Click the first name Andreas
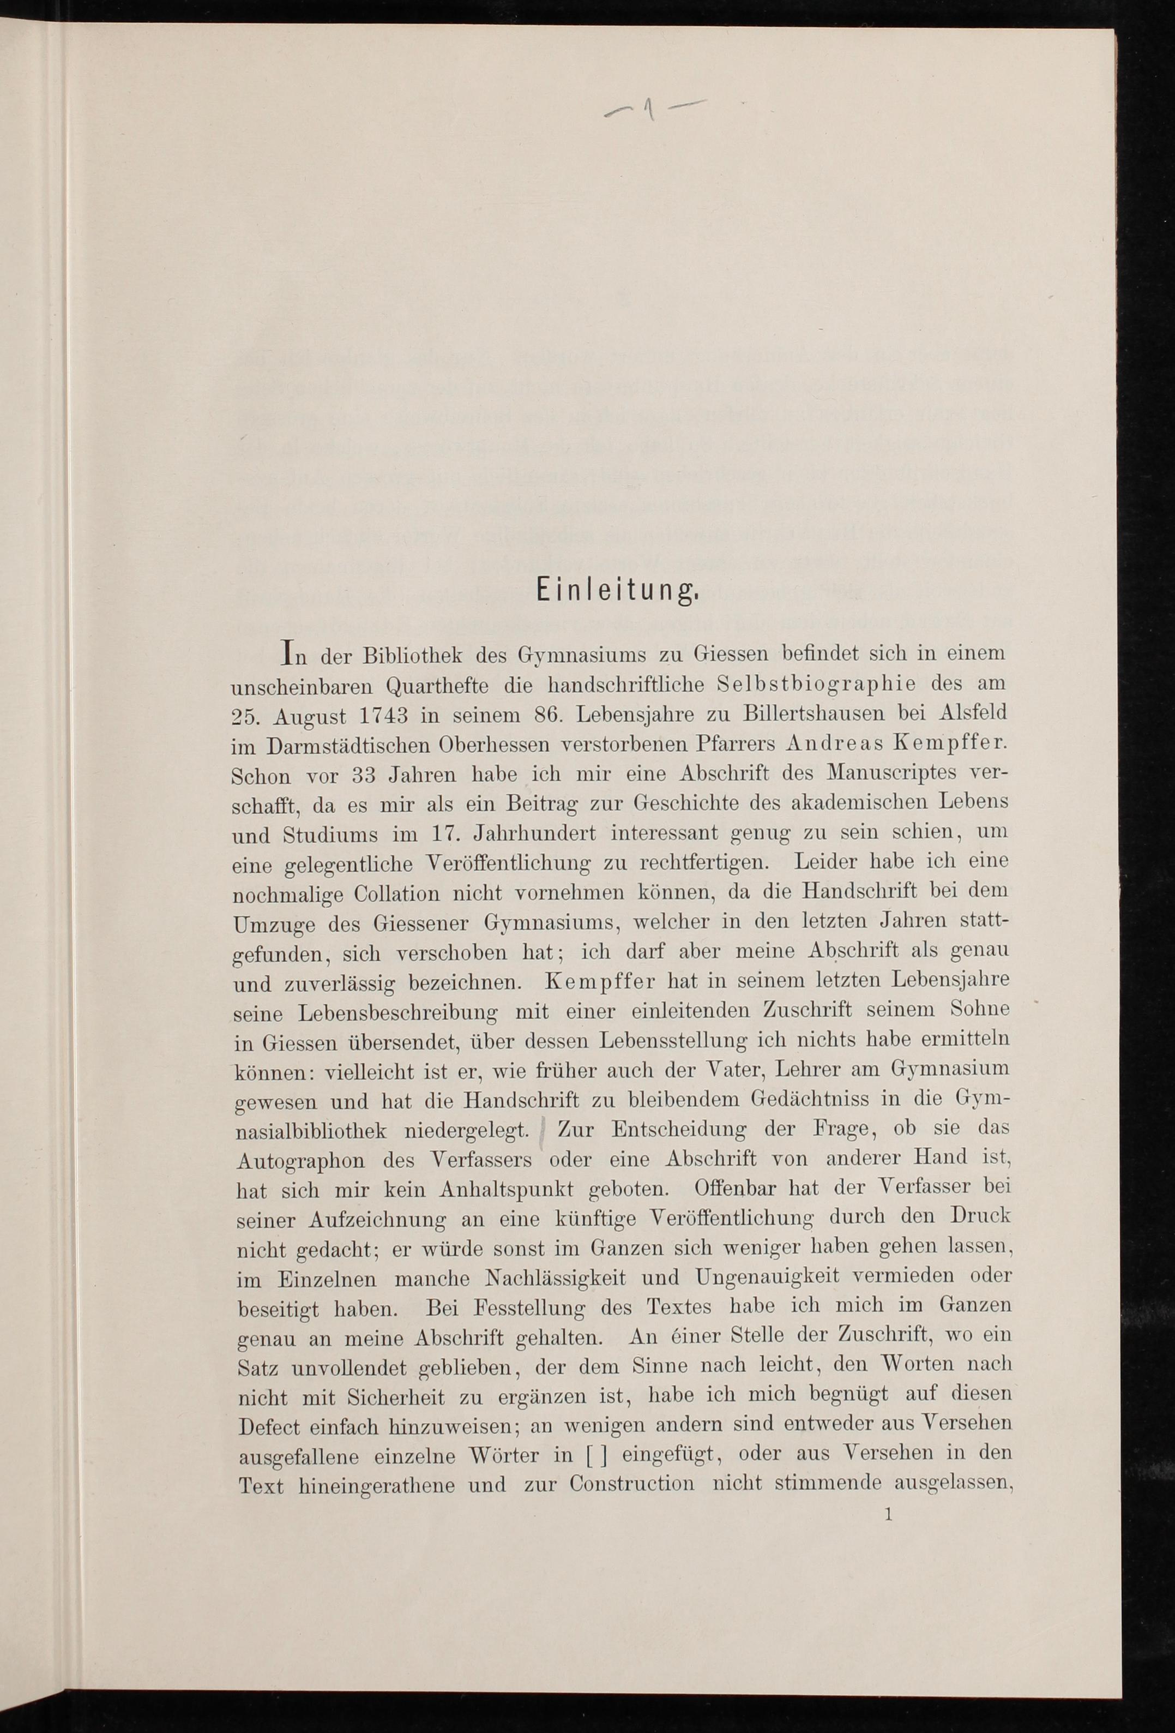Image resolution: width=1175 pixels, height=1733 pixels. point(828,743)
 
